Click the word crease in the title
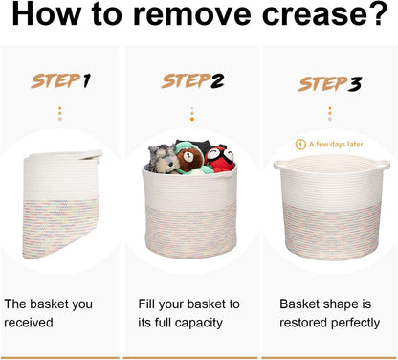click(x=315, y=15)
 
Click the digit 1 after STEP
click(x=87, y=80)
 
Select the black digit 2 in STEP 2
click(x=217, y=81)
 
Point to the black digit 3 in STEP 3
click(x=354, y=84)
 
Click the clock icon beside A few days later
click(x=300, y=145)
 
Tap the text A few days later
click(x=336, y=145)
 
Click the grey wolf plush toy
click(x=163, y=159)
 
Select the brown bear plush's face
click(x=189, y=157)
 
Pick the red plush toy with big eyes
click(x=220, y=158)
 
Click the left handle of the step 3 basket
click(x=281, y=165)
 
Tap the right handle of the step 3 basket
click(x=383, y=166)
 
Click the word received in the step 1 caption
click(x=29, y=323)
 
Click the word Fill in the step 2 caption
click(x=146, y=304)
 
